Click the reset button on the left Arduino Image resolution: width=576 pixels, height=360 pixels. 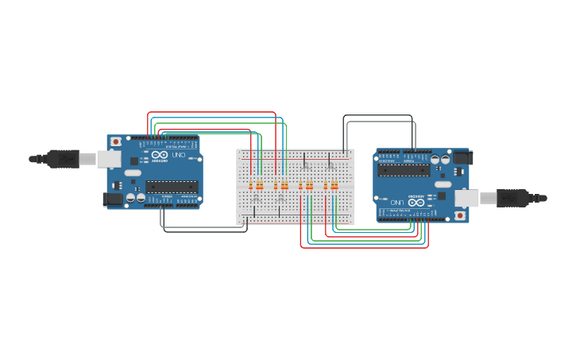pos(116,141)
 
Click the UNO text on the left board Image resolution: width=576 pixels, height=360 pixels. pos(178,155)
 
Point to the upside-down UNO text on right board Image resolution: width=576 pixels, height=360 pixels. pos(395,203)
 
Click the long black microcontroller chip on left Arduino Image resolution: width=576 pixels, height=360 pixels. pos(171,187)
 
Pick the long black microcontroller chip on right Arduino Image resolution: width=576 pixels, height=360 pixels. pos(404,170)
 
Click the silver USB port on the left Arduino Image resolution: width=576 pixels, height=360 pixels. pos(109,159)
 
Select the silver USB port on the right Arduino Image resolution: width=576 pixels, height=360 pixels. pos(466,198)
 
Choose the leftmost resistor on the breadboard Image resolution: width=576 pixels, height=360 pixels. pos(251,186)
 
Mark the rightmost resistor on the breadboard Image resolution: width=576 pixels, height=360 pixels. pos(336,186)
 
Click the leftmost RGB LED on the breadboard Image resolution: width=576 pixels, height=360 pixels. pos(255,195)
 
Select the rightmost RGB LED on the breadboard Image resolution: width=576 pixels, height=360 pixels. pos(330,165)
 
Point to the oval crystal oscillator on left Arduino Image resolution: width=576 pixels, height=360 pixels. pos(132,172)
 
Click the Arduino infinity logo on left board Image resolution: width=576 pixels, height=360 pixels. pos(160,155)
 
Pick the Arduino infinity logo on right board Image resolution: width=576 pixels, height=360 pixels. pos(416,203)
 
